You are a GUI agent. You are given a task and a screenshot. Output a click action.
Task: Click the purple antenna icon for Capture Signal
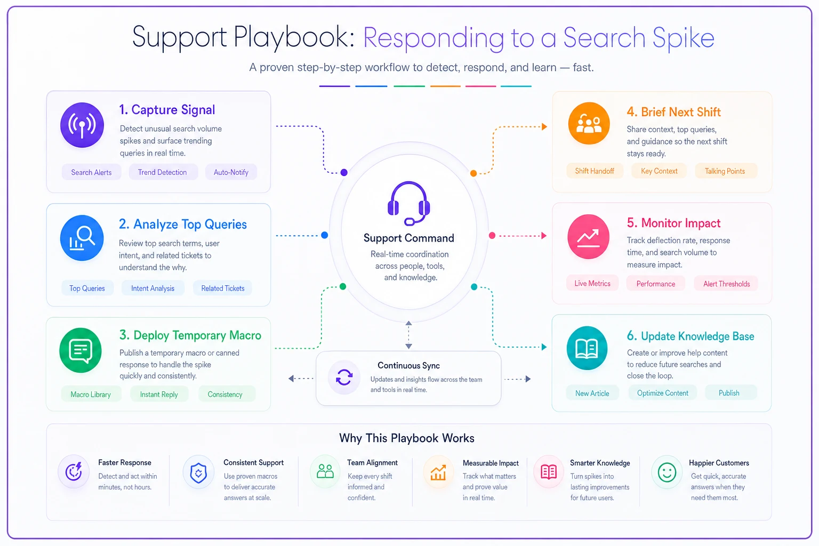[x=82, y=125]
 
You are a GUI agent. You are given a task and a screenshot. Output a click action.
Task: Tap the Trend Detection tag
[x=162, y=172]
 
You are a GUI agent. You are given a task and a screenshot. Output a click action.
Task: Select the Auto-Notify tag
[x=231, y=172]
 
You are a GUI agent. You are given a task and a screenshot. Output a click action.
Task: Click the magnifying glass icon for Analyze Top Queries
[x=82, y=238]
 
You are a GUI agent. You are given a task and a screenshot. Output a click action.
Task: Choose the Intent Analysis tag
[x=153, y=288]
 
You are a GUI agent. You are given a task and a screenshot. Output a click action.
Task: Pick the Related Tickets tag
[x=223, y=288]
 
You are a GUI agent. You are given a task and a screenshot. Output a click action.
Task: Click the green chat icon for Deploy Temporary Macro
[x=81, y=350]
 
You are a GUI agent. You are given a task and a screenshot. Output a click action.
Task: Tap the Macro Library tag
[x=91, y=394]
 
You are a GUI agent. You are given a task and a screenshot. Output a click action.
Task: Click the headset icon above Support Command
[x=409, y=203]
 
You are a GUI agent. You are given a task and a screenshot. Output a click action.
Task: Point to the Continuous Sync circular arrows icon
[x=344, y=378]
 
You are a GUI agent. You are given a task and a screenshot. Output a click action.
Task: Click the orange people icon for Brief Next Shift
[x=589, y=124]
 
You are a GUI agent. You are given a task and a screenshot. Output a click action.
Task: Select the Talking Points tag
[x=725, y=171]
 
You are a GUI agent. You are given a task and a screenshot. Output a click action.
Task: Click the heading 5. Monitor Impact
[x=673, y=223]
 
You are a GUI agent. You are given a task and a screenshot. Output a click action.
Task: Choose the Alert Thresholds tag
[x=727, y=284]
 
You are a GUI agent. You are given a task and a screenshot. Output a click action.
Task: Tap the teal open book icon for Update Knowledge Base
[x=587, y=348]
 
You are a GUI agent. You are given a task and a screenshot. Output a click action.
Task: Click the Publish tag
[x=729, y=393]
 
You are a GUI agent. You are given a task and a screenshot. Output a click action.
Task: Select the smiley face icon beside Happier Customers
[x=667, y=472]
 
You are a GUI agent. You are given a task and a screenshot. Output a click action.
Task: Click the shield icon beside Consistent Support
[x=198, y=472]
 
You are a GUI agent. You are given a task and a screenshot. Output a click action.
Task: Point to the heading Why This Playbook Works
[x=407, y=438]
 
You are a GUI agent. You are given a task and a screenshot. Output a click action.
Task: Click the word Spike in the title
[x=683, y=38]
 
